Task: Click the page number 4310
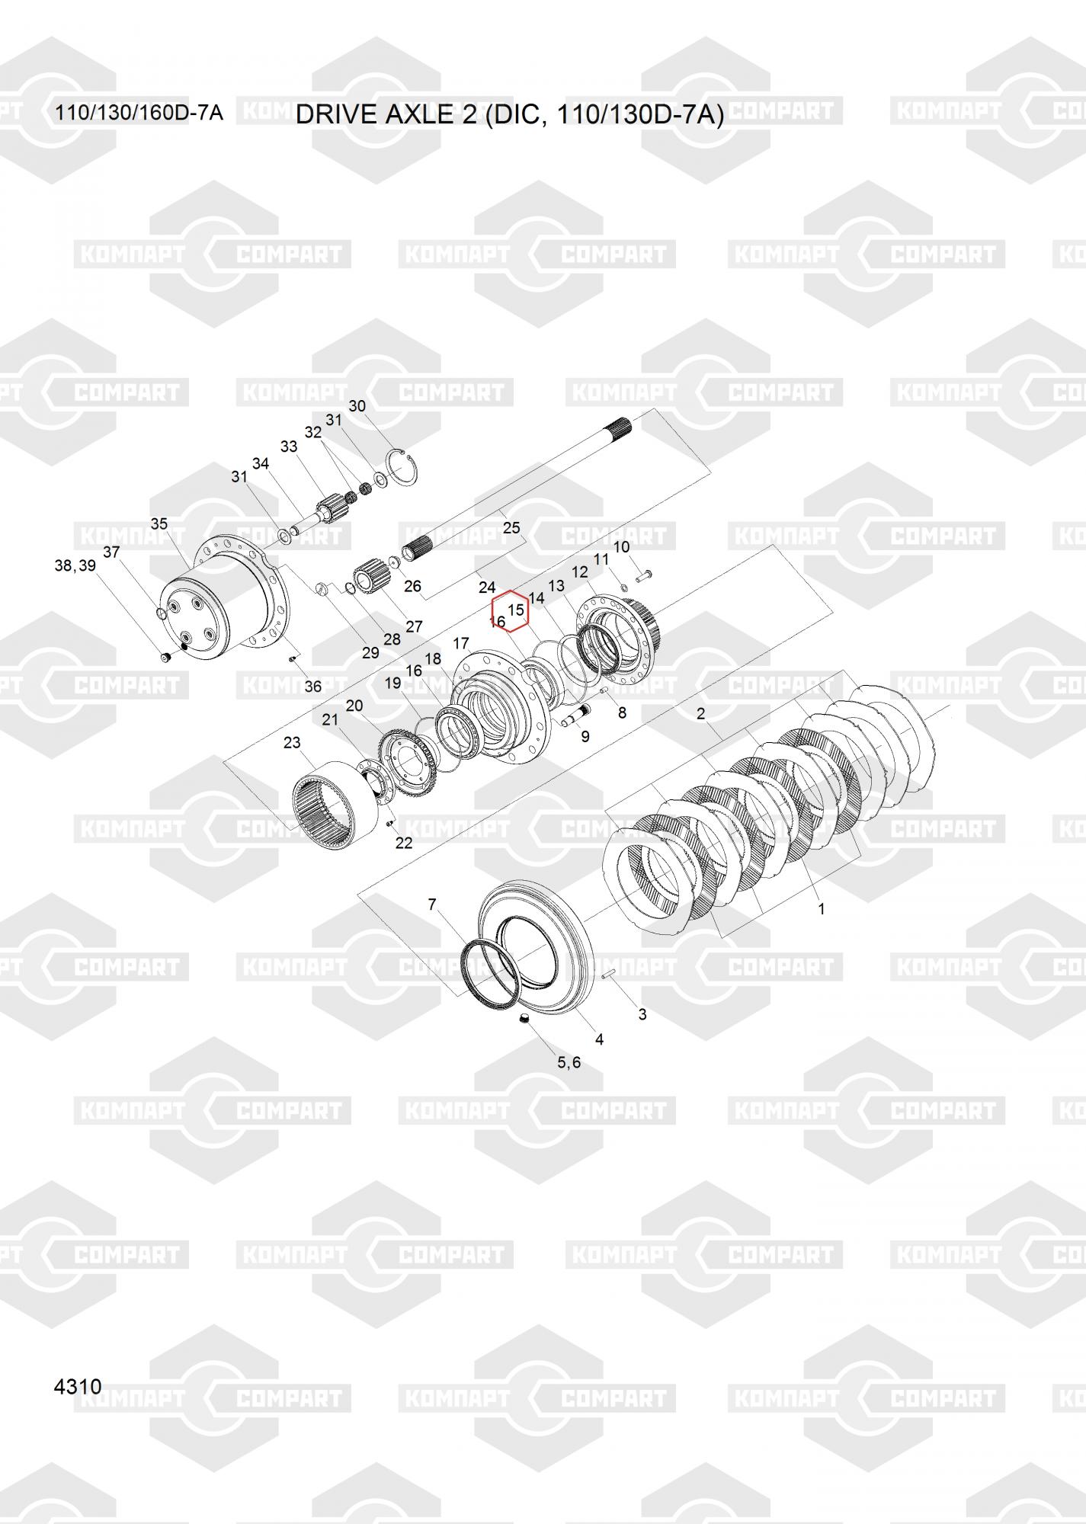[x=78, y=1386]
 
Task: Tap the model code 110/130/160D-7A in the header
[x=139, y=113]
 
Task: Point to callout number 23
[x=292, y=742]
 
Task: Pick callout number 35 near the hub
[x=159, y=523]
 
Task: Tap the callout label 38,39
[x=75, y=565]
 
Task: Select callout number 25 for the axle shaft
[x=511, y=527]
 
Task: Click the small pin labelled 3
[x=609, y=975]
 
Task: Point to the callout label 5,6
[x=569, y=1062]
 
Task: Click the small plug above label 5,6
[x=524, y=1020]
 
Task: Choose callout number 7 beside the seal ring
[x=432, y=904]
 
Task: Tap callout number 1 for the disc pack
[x=821, y=908]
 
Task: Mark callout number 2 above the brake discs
[x=700, y=714]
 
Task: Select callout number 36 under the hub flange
[x=313, y=687]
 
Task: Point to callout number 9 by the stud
[x=585, y=737]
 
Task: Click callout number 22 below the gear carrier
[x=403, y=842]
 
